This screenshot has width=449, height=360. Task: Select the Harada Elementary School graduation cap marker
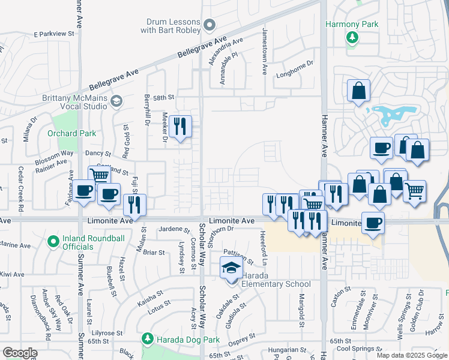[230, 268]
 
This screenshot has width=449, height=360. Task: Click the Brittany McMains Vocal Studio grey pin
[116, 100]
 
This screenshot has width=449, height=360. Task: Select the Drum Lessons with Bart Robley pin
[209, 25]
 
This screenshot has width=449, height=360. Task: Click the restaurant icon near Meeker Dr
[180, 127]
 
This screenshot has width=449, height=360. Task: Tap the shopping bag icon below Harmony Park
[358, 91]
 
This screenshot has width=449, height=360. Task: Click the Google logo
[20, 353]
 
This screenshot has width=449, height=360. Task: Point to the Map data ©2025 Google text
[411, 355]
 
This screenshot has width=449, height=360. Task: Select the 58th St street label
[163, 97]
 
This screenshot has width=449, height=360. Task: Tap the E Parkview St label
[53, 35]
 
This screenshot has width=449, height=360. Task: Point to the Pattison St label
[238, 256]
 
